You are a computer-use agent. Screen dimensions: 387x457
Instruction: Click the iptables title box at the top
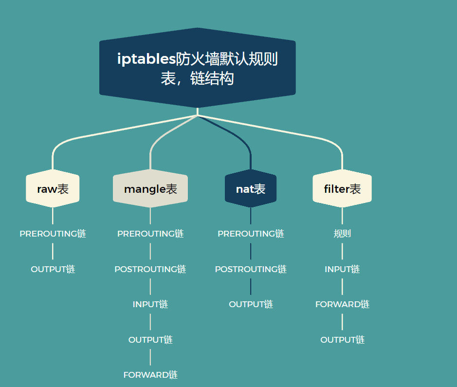click(197, 68)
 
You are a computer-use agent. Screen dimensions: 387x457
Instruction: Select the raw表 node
click(53, 189)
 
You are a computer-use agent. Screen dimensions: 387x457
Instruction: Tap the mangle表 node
click(150, 189)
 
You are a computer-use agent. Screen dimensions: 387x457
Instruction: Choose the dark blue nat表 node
click(251, 189)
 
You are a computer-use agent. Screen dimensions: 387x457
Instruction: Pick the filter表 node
click(342, 189)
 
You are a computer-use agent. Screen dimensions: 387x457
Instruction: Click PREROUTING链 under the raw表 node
click(53, 234)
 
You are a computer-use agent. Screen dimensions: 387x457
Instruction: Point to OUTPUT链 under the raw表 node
click(53, 269)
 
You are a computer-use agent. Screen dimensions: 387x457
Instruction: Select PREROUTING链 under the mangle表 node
click(150, 234)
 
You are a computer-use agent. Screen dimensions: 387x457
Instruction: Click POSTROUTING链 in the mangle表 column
click(150, 269)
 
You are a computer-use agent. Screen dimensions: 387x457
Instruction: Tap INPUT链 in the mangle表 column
click(150, 304)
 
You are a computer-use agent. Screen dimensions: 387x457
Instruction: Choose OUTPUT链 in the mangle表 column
click(150, 340)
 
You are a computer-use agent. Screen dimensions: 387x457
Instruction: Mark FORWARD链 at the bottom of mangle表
click(150, 375)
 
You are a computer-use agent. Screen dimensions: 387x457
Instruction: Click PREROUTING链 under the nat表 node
click(251, 234)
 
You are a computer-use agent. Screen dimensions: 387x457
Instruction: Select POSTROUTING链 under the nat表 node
click(251, 269)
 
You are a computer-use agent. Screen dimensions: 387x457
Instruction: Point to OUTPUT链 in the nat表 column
click(251, 304)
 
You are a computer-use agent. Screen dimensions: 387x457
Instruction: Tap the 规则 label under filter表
click(342, 234)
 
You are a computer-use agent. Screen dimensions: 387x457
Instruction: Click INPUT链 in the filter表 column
click(342, 269)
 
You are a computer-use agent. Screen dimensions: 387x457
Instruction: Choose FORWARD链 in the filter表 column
click(342, 304)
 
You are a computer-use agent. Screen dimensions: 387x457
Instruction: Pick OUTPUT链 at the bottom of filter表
click(342, 340)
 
